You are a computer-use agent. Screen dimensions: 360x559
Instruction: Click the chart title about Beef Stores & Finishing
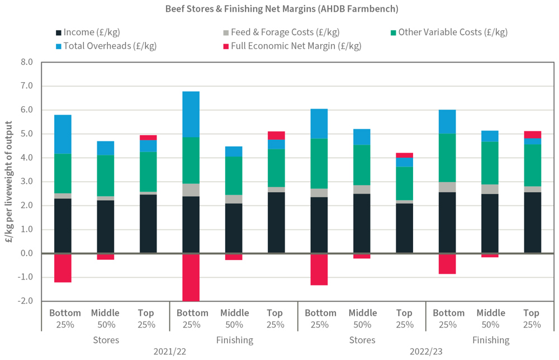tap(279, 9)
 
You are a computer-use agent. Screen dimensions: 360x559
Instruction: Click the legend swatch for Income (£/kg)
tap(59, 32)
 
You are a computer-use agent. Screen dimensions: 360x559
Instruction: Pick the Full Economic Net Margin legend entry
tap(290, 45)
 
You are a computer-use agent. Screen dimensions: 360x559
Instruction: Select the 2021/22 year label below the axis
tap(169, 352)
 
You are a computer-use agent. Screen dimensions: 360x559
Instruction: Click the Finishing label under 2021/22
tap(234, 339)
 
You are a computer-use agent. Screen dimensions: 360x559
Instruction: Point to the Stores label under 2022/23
tap(362, 339)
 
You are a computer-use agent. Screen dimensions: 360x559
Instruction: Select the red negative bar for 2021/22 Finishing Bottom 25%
tap(191, 277)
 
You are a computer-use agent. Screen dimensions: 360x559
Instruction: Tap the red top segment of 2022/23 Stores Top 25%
tap(404, 155)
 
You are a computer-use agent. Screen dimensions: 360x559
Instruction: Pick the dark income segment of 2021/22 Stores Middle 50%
tap(106, 226)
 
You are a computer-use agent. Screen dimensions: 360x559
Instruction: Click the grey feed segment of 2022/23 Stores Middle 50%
tap(362, 189)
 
